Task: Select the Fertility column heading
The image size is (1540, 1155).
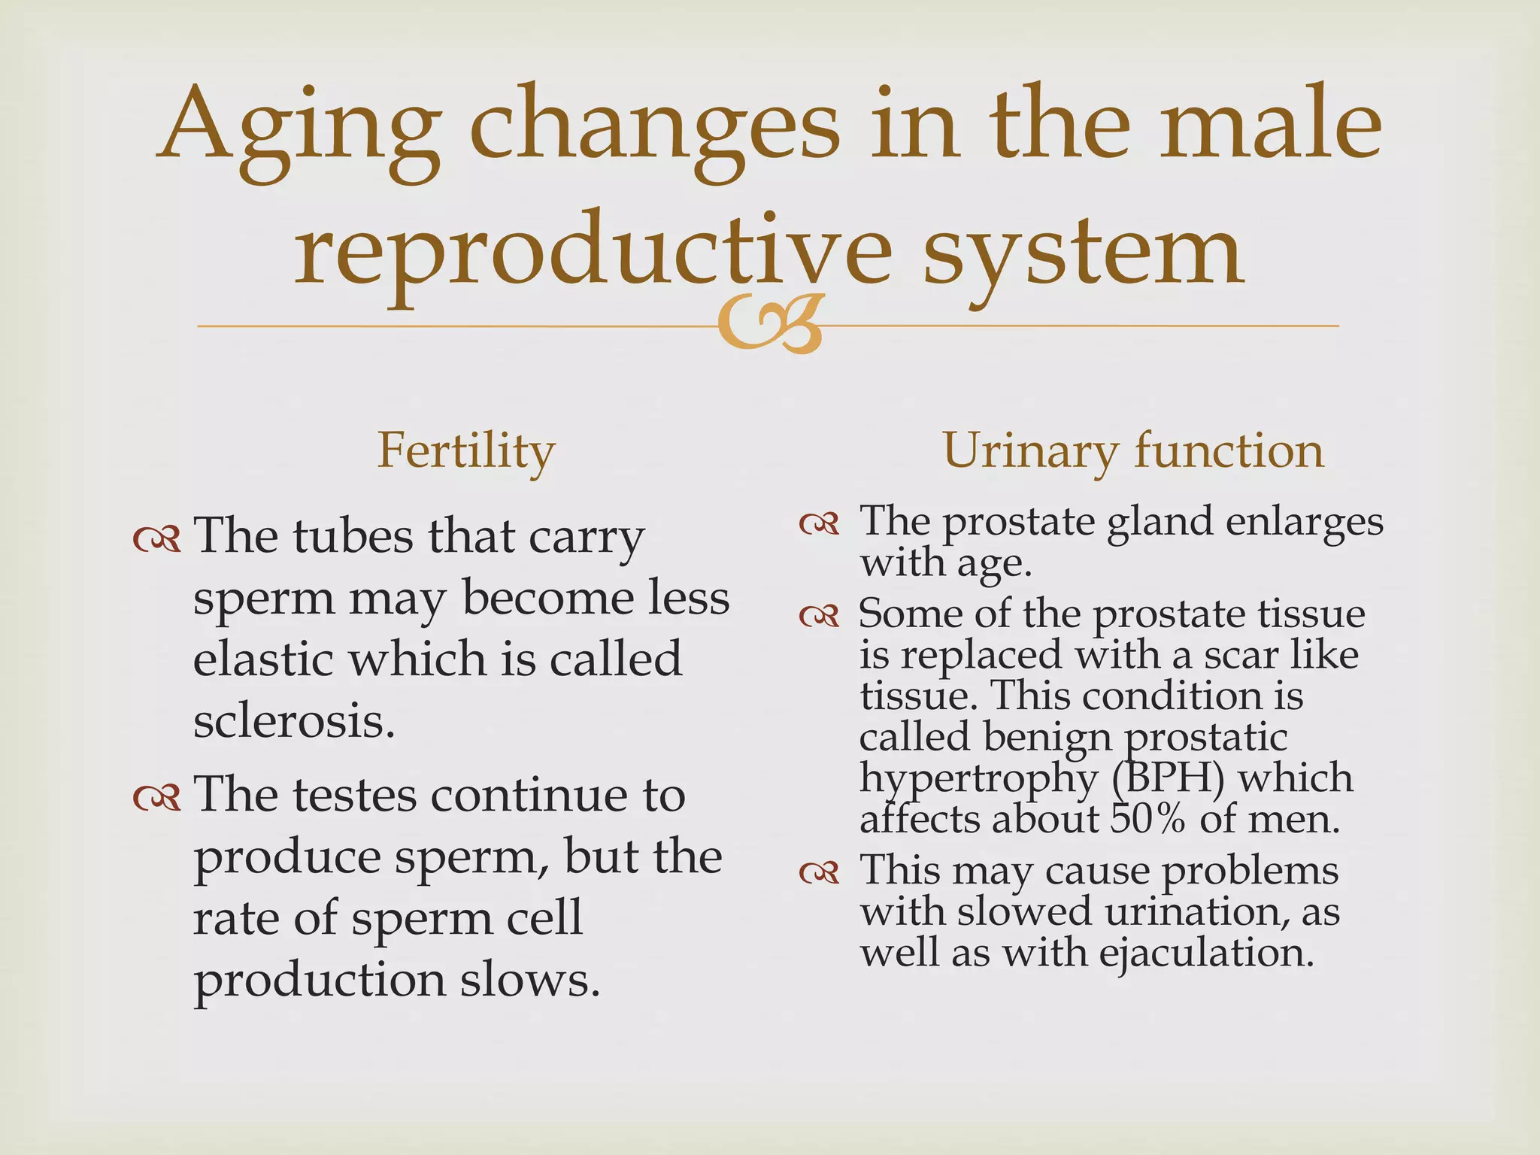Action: [465, 451]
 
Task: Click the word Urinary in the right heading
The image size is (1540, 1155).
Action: [1030, 451]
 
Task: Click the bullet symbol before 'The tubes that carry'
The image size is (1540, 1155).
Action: [156, 539]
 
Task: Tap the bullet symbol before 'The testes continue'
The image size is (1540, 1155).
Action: [156, 798]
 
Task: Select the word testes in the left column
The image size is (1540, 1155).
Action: [354, 796]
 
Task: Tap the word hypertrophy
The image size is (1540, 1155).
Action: [978, 779]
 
